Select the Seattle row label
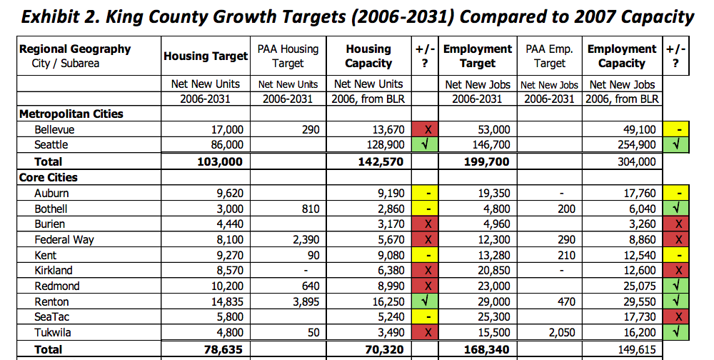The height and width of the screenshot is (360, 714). [x=52, y=145]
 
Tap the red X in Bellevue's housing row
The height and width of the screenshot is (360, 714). [x=426, y=130]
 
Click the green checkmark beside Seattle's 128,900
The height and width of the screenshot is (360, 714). [x=426, y=145]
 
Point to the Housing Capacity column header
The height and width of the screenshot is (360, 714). [x=368, y=56]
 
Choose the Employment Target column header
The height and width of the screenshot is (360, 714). [x=477, y=56]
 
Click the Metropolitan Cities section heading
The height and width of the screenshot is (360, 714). [x=71, y=114]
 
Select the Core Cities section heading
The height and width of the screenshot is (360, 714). [x=49, y=177]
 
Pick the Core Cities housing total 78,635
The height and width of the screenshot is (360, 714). [x=223, y=349]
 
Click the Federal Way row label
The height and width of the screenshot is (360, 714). [x=64, y=239]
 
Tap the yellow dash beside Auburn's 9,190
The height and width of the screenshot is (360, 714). [x=426, y=193]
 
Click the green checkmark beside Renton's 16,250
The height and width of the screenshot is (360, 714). [x=426, y=302]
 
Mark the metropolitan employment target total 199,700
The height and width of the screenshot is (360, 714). [x=483, y=161]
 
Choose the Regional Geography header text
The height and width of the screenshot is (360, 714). [x=75, y=49]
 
